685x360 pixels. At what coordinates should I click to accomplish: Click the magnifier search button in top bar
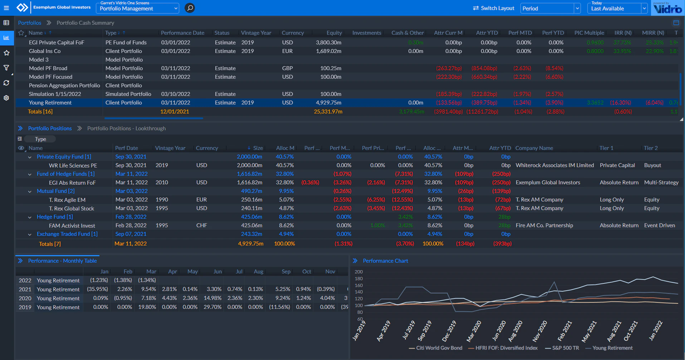coord(190,8)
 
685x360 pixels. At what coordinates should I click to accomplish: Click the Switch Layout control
coord(493,8)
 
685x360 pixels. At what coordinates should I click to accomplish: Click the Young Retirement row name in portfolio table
coord(50,103)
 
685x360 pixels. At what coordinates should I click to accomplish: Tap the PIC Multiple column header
coord(589,33)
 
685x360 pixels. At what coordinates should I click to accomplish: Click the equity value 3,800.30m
coord(328,43)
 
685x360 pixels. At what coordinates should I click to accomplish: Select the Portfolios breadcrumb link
coord(30,23)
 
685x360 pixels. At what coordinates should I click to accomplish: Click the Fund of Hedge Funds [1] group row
coord(65,174)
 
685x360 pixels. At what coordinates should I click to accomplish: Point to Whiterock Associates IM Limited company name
coord(554,165)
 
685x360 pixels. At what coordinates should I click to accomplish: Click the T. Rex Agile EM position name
coord(67,200)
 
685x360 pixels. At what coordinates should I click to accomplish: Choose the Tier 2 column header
coord(650,148)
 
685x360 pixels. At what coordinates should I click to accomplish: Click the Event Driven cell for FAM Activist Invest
coord(659,225)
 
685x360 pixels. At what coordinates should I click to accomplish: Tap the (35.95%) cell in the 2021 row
coord(97,289)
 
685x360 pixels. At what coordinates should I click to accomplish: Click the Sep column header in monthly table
coord(286,272)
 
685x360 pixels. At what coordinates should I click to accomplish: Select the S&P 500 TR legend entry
coord(565,348)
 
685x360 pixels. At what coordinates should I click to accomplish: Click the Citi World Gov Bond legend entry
coord(439,348)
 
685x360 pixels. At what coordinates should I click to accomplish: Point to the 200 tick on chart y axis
coord(358,272)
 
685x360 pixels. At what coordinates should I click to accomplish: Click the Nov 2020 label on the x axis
coord(540,331)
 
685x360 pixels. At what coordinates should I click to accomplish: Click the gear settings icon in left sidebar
coord(6,98)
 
